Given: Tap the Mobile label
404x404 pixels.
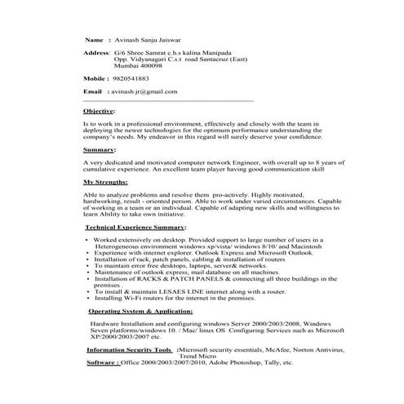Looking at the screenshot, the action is click(95, 78).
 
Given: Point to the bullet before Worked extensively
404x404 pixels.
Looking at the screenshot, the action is click(88, 239).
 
